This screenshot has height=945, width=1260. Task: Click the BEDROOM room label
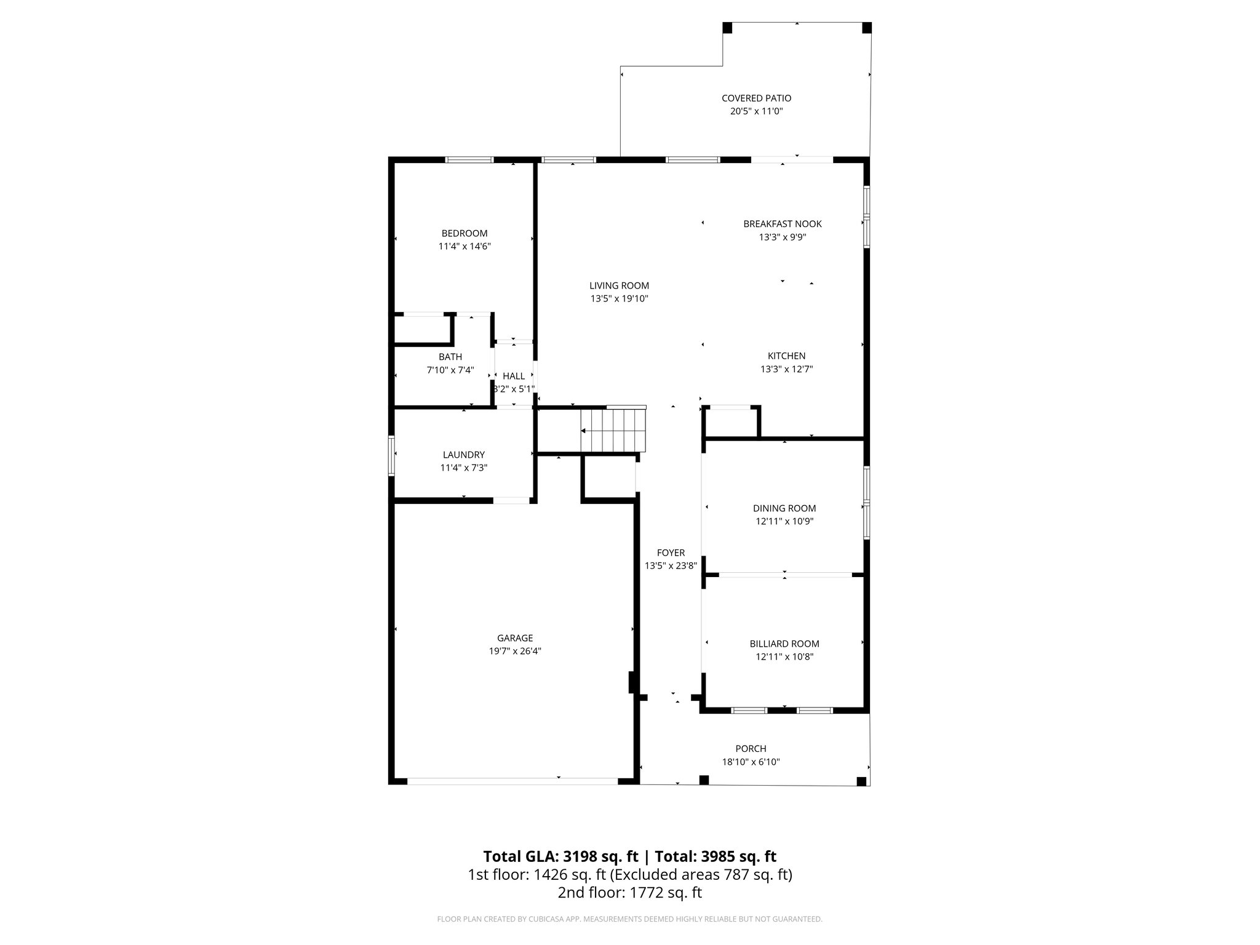[465, 233]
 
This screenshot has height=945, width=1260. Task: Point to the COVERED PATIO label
[756, 98]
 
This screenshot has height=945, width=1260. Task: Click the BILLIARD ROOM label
[784, 644]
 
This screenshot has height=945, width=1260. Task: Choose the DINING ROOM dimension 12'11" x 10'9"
[784, 521]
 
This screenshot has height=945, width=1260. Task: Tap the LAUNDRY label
[464, 455]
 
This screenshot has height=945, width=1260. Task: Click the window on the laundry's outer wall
[391, 455]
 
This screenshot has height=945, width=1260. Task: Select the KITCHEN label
[786, 356]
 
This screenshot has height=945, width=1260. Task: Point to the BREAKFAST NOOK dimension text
[783, 237]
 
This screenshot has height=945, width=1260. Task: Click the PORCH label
[751, 749]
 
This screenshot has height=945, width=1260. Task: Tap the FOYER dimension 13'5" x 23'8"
[671, 566]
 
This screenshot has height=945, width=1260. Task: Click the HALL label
[514, 376]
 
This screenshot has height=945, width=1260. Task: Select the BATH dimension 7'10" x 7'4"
[450, 370]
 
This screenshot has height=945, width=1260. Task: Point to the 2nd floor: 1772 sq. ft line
[630, 892]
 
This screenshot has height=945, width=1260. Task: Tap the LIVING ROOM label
[619, 285]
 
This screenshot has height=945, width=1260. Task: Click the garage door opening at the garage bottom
[512, 781]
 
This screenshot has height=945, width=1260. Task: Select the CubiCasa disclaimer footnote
[630, 919]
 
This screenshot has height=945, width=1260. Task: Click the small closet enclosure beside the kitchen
[732, 423]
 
